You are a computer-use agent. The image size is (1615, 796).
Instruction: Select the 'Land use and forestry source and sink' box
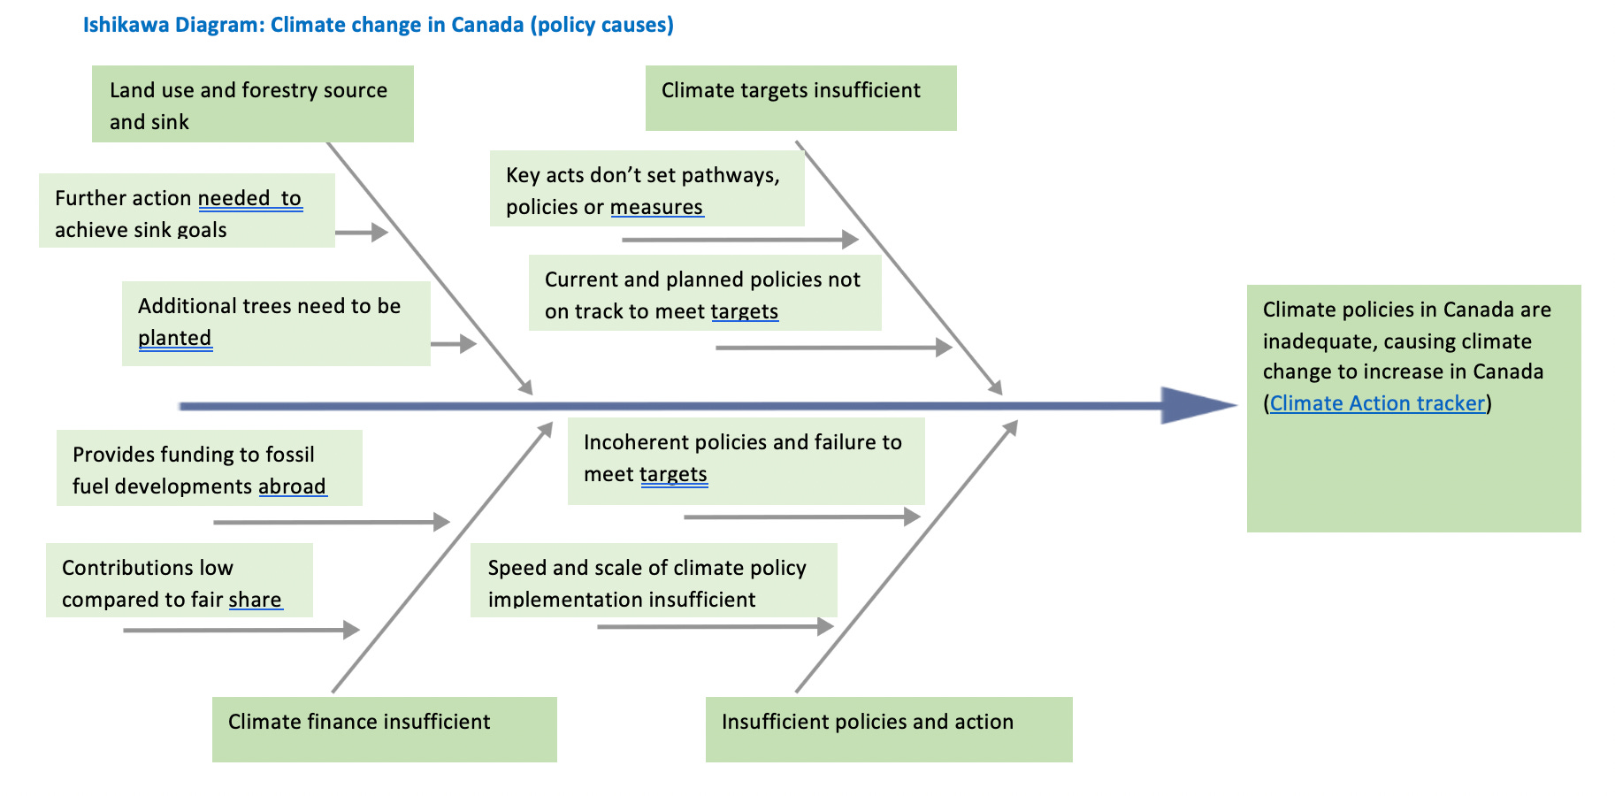[x=252, y=104]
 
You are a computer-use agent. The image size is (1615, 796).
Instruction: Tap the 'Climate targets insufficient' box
[x=800, y=97]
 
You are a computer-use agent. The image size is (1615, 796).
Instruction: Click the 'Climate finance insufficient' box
[x=384, y=729]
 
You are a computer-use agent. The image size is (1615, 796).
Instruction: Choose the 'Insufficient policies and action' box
[x=888, y=729]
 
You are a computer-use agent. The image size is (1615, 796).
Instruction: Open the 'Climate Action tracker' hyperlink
[x=1376, y=403]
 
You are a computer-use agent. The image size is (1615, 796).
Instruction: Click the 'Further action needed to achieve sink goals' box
[x=187, y=211]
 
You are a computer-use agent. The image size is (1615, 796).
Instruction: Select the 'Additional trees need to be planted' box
[x=276, y=323]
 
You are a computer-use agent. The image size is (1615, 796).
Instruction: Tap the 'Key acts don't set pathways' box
[x=647, y=189]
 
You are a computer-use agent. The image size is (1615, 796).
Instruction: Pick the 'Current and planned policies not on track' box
[x=704, y=294]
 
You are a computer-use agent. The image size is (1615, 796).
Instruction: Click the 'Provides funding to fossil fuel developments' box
[x=209, y=469]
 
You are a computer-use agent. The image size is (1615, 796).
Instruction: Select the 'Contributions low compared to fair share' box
[x=179, y=581]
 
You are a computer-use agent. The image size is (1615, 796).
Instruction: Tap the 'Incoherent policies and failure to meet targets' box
[x=745, y=460]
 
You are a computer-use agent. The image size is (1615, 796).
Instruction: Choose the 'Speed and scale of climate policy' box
[x=653, y=581]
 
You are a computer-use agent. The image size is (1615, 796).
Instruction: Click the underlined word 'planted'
[x=174, y=338]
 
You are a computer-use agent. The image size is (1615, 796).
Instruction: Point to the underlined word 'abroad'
[x=292, y=486]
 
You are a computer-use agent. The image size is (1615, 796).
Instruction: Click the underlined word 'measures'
[x=656, y=207]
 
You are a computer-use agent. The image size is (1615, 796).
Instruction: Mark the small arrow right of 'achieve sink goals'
[x=362, y=233]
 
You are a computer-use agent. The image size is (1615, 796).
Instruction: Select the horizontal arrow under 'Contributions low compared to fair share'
[x=241, y=630]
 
